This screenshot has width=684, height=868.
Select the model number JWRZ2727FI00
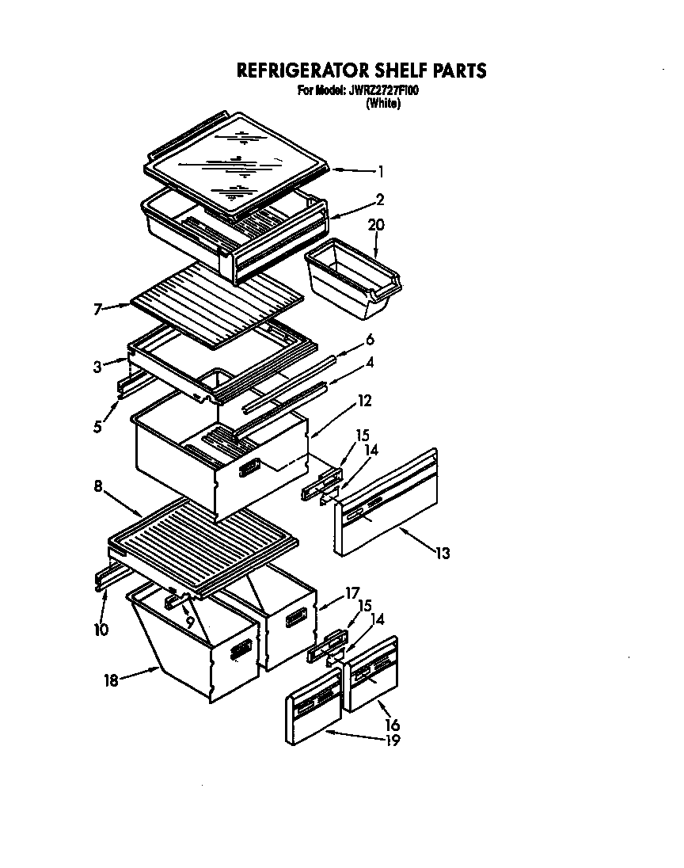(383, 91)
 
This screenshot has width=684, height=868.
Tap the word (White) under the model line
(382, 104)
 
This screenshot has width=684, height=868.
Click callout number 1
(381, 170)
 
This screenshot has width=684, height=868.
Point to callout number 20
(376, 225)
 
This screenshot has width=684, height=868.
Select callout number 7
(98, 308)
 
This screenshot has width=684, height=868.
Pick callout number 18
(112, 680)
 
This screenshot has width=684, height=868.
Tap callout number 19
(392, 740)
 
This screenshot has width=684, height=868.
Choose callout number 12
(365, 401)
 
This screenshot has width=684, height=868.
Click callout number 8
(98, 486)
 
